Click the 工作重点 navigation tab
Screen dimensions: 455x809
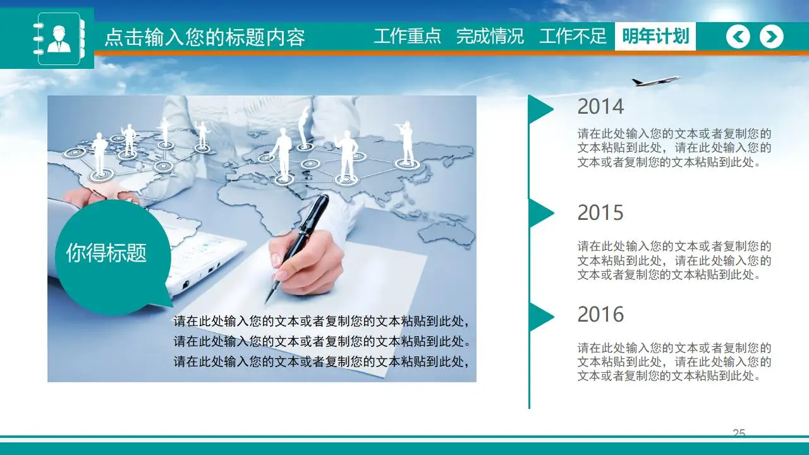coord(407,36)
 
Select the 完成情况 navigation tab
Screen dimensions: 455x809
coord(490,36)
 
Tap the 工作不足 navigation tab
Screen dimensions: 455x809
coord(573,36)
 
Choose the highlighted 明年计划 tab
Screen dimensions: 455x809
coord(655,36)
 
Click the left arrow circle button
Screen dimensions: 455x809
coord(738,37)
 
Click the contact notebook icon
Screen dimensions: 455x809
coord(59,38)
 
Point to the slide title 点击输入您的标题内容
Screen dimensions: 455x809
coord(204,37)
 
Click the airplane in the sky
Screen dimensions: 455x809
coord(655,81)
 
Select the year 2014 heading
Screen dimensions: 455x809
coord(600,107)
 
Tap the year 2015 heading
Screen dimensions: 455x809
coord(600,213)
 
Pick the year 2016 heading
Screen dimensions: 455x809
coord(600,314)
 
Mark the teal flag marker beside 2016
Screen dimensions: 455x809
coord(540,317)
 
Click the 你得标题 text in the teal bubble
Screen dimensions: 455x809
coord(106,253)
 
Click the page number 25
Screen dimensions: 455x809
coord(739,433)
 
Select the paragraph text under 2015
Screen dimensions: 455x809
coord(674,260)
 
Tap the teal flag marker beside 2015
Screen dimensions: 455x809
coord(540,213)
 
